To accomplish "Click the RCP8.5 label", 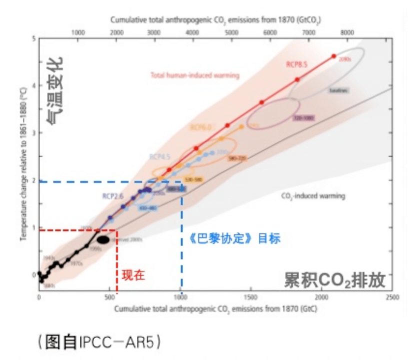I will coord(297,64).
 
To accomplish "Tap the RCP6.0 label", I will coord(201,127).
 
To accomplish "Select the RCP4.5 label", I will coord(160,156).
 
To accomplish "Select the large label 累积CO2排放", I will coord(334,280).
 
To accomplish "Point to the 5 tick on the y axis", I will coord(33,38).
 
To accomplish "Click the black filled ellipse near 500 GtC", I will coord(103,240).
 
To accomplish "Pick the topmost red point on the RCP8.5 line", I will coord(334,56).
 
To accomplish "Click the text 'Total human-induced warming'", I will coord(195,75).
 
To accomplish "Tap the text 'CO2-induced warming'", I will coord(313,196).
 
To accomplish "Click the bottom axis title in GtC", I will coord(215,309).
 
